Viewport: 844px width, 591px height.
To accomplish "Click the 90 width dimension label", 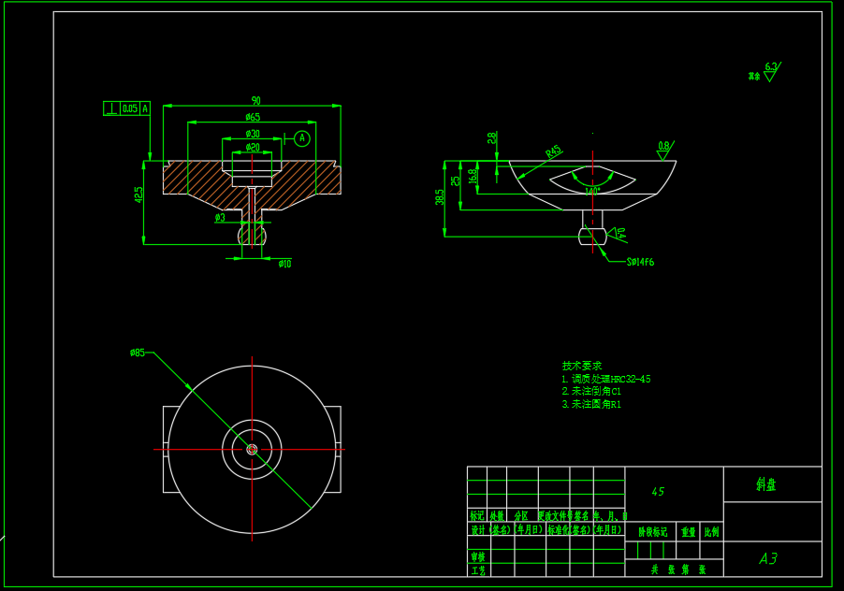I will tap(255, 101).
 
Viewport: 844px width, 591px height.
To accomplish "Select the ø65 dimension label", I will tap(253, 118).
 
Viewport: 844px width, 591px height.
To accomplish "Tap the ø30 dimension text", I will tap(253, 134).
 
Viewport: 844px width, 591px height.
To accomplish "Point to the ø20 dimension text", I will tap(253, 148).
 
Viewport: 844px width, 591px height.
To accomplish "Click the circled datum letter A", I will tap(301, 138).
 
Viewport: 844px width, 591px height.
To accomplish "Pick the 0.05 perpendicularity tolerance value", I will tap(130, 108).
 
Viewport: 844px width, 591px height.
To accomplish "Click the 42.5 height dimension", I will tap(139, 195).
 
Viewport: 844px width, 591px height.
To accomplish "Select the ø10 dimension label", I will tap(284, 264).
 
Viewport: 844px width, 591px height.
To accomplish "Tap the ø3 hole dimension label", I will tap(220, 218).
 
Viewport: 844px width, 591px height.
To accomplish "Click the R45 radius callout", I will tap(554, 151).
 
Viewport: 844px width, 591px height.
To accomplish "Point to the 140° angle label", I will tap(591, 192).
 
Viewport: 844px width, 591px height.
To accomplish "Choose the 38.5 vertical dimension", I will tap(440, 198).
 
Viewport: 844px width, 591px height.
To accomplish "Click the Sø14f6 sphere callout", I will tap(640, 263).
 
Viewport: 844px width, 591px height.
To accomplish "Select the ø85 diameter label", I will tap(138, 353).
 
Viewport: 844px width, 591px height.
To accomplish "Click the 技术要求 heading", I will tap(581, 366).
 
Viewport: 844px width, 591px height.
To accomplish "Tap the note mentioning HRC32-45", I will tap(605, 380).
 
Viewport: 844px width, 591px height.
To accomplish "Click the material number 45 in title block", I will tap(658, 492).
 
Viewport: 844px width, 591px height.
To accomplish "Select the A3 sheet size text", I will tap(768, 559).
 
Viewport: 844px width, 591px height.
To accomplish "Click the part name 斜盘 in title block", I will tap(765, 484).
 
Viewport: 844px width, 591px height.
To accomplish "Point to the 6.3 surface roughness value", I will tap(771, 66).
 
